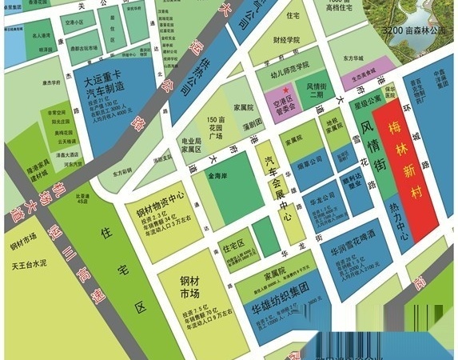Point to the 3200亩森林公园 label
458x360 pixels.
418,30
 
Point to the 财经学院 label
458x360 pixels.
285,39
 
